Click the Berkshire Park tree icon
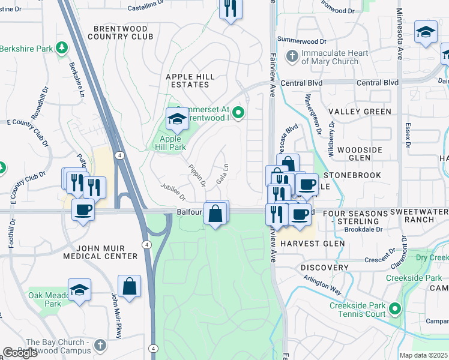(61, 47)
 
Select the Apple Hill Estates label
(191, 81)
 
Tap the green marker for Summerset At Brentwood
(238, 112)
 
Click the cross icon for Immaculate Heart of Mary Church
(292, 57)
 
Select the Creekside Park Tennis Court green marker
(394, 309)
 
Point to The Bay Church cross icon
(100, 346)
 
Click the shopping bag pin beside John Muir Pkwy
(130, 286)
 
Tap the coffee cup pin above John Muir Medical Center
(83, 209)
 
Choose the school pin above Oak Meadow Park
(79, 290)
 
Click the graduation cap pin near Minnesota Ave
(426, 32)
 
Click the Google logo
(20, 353)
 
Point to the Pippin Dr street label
(197, 175)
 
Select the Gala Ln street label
(222, 175)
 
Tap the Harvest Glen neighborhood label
(313, 244)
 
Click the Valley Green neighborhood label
(360, 112)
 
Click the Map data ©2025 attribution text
(423, 355)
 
